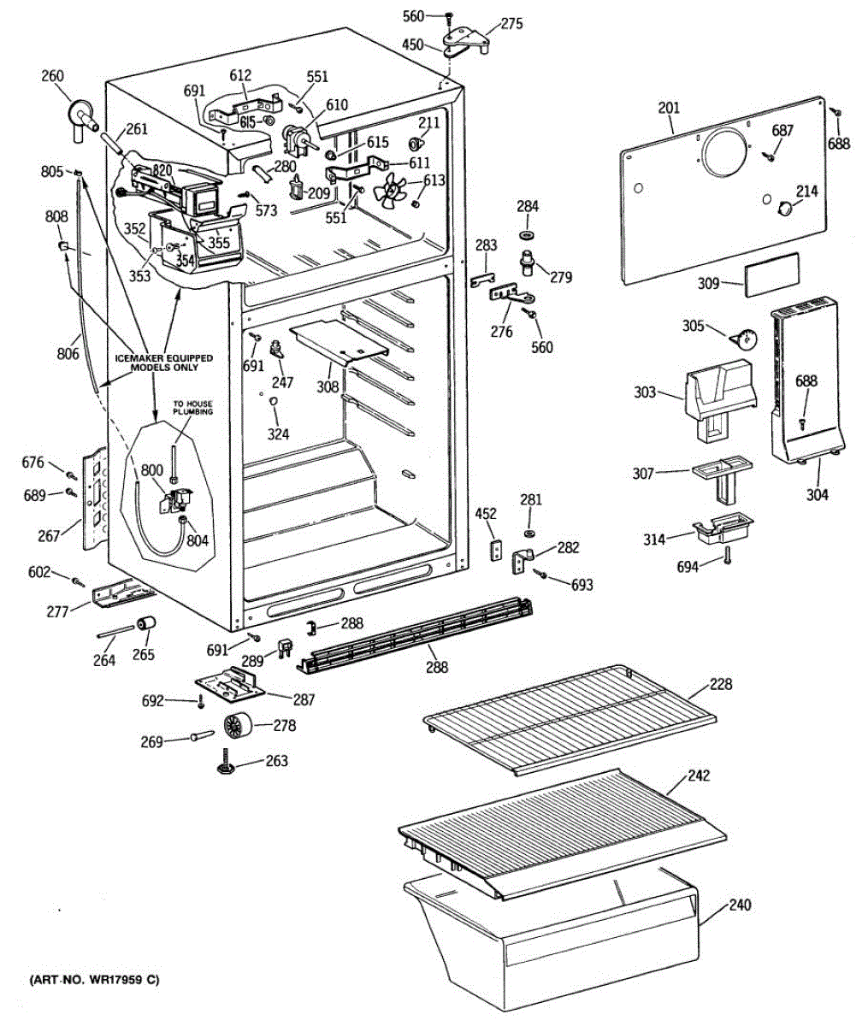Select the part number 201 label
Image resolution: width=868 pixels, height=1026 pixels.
point(669,107)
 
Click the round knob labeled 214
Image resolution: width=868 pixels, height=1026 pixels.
point(782,206)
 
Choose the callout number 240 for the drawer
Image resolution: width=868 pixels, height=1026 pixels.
point(740,905)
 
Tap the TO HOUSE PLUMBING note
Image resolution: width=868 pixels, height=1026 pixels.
point(193,407)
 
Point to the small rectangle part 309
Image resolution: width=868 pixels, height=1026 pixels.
point(771,274)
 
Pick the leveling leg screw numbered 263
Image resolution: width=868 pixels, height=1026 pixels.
point(227,763)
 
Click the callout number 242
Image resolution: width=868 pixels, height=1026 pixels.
point(700,776)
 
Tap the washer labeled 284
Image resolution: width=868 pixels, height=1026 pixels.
point(528,233)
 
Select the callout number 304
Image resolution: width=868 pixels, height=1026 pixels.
point(817,494)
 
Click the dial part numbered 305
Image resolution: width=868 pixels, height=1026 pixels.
point(744,340)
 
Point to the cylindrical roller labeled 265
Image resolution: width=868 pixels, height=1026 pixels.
point(145,628)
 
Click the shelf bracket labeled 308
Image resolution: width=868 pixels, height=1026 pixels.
point(340,342)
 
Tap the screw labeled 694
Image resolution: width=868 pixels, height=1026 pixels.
point(727,556)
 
